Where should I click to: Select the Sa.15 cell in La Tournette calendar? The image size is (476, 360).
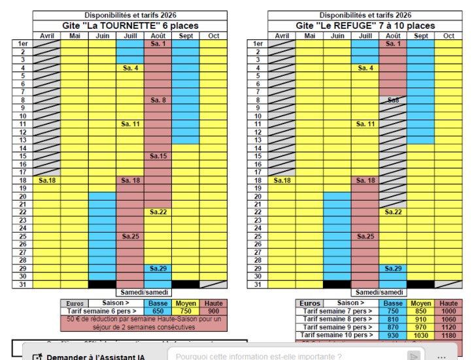coord(158,156)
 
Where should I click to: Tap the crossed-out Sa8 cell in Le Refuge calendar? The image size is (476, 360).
coord(393,100)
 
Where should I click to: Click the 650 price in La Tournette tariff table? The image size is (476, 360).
coord(157,312)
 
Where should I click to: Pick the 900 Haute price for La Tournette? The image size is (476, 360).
coord(213,312)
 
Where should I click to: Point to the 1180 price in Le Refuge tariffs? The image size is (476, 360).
coord(449,335)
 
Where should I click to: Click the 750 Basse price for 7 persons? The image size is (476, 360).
coord(393,312)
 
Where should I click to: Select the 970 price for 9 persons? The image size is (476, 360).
coord(421,327)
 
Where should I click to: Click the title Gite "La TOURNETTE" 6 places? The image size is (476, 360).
coord(129,25)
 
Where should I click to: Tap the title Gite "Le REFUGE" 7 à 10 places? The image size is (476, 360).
coord(365,25)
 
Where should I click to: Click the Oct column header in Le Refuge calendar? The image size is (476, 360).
coord(448,36)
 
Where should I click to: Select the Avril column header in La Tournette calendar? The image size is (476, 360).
coord(46,36)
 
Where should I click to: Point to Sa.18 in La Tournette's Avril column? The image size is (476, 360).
coord(46,180)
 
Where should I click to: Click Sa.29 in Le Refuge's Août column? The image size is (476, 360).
coord(393,269)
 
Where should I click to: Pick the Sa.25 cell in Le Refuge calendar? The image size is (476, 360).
coord(365,236)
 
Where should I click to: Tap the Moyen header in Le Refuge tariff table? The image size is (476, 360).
coord(421,303)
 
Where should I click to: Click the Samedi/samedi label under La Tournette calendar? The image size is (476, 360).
coord(144,292)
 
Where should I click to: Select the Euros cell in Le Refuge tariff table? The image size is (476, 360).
coord(309,303)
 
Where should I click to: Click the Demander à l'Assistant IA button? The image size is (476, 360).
coord(89,356)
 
